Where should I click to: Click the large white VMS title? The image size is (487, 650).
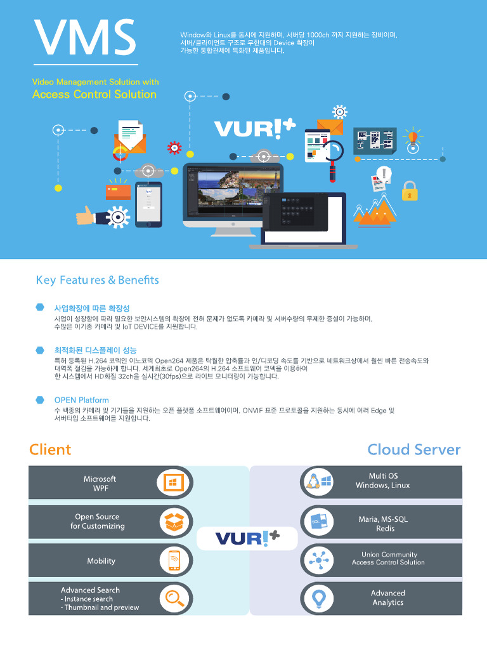85,38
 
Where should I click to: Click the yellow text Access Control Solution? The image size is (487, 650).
94,95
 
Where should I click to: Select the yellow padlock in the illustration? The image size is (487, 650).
409,190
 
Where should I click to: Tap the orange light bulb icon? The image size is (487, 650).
413,136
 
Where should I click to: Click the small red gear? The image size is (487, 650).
174,148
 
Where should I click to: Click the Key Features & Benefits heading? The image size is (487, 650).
97,280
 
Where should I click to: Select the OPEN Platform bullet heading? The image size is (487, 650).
81,400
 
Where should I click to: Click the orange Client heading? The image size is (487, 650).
50,449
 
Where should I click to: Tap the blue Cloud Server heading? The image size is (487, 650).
414,449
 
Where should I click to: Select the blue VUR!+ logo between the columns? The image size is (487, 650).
247,538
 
